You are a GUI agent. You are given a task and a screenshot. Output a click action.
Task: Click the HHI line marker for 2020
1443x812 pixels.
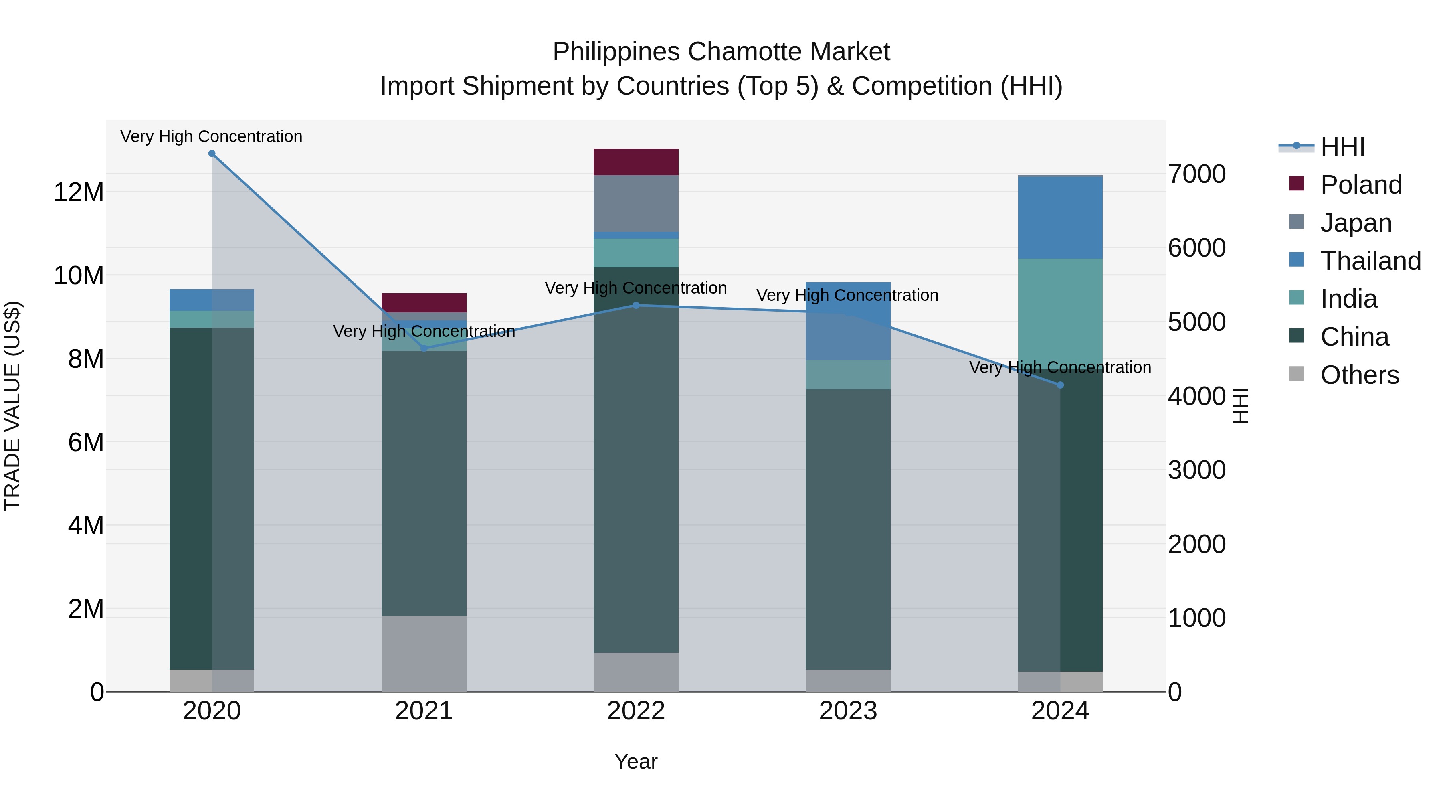[212, 154]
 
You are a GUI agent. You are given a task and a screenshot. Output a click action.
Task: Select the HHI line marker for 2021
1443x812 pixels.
[424, 348]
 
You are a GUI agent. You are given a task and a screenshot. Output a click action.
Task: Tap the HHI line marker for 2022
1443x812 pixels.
[636, 306]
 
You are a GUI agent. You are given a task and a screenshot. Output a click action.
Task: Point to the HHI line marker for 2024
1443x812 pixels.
[1060, 385]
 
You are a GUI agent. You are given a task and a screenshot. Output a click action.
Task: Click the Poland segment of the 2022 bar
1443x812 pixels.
[636, 162]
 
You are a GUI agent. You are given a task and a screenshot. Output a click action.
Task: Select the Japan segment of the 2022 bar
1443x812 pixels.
[636, 203]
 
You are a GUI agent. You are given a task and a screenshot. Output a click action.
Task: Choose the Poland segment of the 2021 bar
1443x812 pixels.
[424, 303]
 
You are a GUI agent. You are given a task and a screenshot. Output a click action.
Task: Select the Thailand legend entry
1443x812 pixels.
[1370, 261]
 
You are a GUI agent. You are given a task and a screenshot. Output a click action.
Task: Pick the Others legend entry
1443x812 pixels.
[1359, 375]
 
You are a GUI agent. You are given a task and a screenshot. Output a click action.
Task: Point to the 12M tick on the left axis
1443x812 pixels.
[79, 192]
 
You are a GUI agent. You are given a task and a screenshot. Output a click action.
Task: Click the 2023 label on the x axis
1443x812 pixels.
[847, 711]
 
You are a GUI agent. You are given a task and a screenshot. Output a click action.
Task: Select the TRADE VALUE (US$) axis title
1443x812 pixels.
[12, 406]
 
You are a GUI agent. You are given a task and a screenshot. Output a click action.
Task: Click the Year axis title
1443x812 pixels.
[636, 761]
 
